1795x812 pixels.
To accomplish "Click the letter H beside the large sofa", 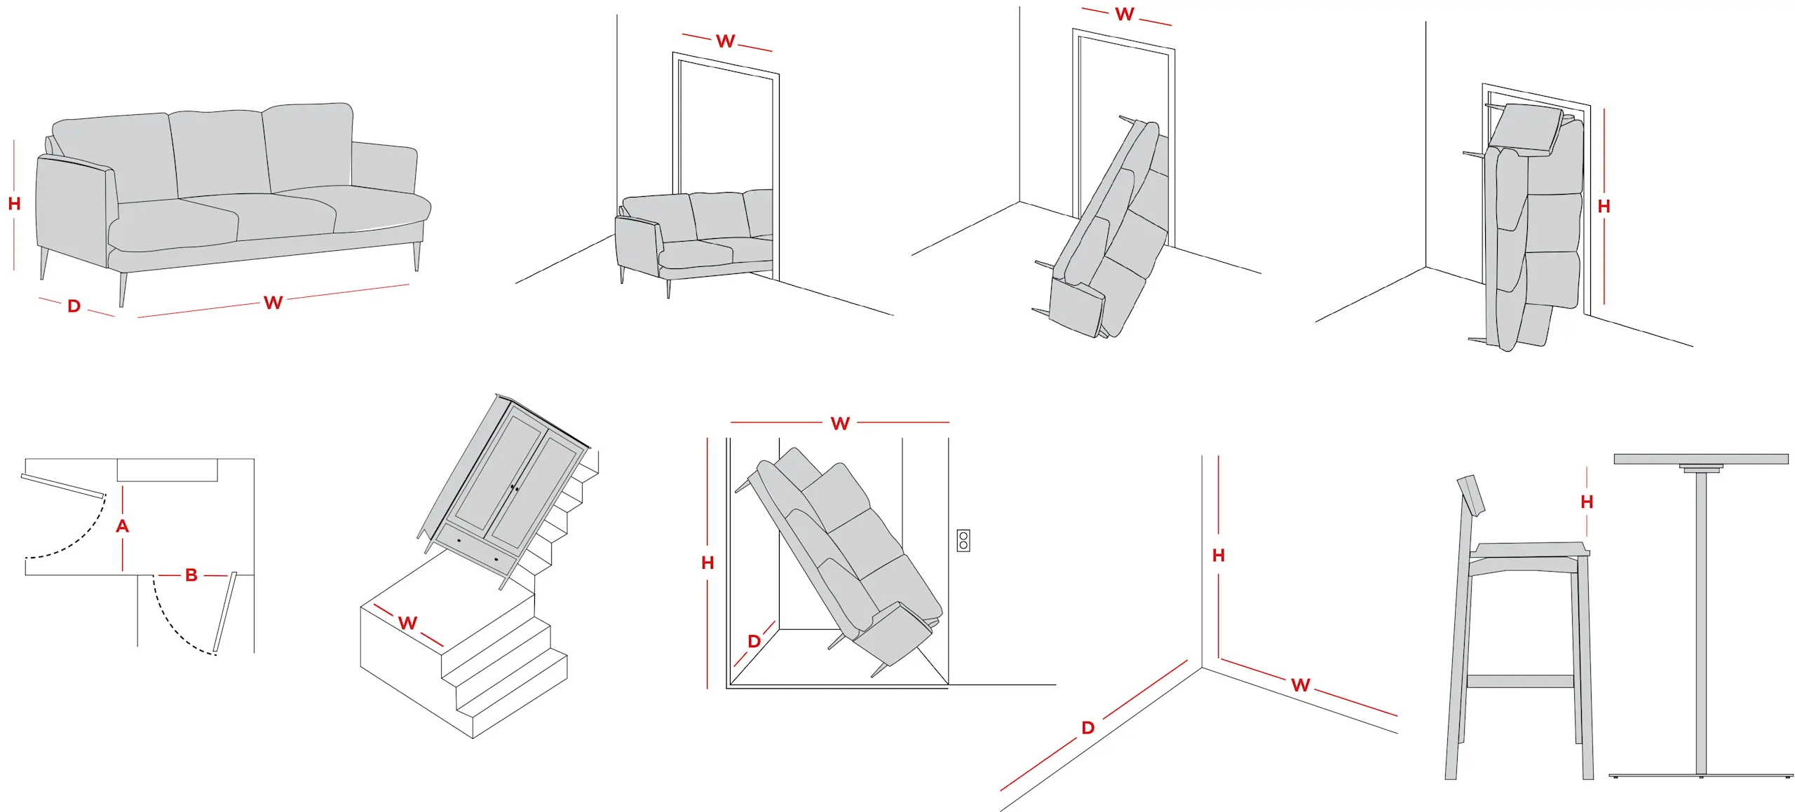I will (x=14, y=204).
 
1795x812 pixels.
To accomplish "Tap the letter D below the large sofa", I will (x=74, y=306).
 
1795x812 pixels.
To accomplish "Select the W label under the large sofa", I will (x=273, y=303).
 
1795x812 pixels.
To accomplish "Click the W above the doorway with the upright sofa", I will (x=725, y=41).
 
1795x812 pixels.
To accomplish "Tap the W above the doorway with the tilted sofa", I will (x=1124, y=15).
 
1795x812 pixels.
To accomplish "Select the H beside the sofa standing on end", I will (x=1604, y=207).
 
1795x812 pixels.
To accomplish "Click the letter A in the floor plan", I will (x=122, y=526).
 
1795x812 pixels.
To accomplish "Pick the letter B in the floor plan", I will (x=191, y=575).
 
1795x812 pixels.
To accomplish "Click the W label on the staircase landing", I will (x=407, y=623).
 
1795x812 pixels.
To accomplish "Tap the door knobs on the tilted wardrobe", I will (x=514, y=488).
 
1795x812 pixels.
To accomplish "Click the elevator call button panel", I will (x=963, y=540).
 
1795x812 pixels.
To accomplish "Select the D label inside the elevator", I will (x=754, y=641).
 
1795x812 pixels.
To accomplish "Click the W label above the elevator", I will (x=839, y=423).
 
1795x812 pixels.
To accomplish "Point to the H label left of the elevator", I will (x=707, y=563).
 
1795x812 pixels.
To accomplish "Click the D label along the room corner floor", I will (x=1088, y=728).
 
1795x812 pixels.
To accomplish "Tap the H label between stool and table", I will (x=1587, y=502).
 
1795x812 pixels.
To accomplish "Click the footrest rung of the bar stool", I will (x=1519, y=681).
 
